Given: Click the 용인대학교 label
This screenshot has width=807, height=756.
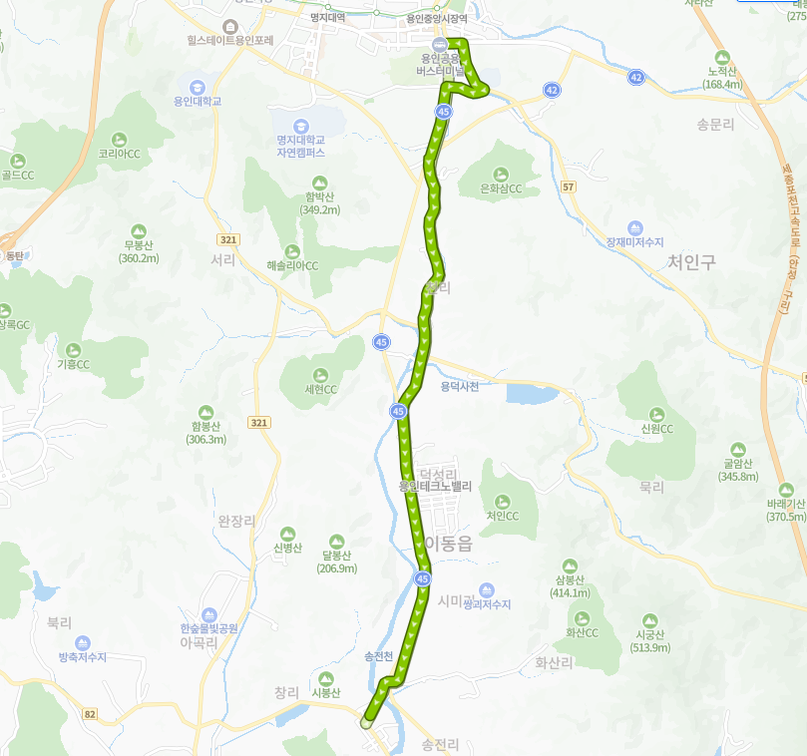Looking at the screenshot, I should point(197,101).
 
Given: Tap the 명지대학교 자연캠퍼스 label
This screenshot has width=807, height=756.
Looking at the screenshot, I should point(301,147).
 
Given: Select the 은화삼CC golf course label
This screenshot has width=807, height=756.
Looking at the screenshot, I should point(501,188).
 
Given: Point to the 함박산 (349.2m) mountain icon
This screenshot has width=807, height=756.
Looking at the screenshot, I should point(319,183).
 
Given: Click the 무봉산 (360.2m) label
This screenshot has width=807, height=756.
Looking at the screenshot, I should point(139,251).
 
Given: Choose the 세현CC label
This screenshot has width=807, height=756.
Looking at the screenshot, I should point(320,389).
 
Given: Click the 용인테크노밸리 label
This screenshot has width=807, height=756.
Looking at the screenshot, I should point(434,487).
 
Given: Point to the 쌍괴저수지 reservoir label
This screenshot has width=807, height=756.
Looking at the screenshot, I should point(487,604).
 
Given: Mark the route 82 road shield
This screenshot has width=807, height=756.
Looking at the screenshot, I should point(90,714).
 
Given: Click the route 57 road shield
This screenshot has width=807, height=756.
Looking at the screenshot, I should point(569,187).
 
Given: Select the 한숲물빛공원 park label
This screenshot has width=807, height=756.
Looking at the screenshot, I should point(208,628).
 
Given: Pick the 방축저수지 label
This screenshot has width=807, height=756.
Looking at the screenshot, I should point(82,656).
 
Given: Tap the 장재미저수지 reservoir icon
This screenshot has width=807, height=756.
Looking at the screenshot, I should point(635,228).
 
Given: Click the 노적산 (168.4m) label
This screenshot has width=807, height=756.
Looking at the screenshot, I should point(722,78).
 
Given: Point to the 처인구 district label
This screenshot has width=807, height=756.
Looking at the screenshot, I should point(691,261).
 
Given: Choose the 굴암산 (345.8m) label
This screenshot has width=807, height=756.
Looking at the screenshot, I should point(738,469).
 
